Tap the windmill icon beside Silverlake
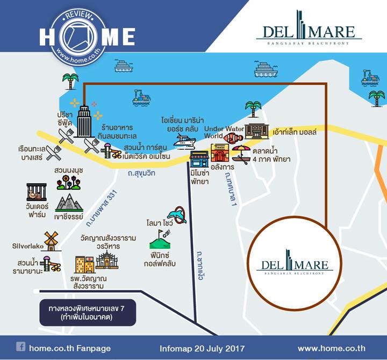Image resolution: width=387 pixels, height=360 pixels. pyautogui.click(x=51, y=241)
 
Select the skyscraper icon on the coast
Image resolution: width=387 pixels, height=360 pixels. pyautogui.click(x=84, y=121)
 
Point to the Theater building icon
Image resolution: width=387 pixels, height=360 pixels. pyautogui.click(x=219, y=152)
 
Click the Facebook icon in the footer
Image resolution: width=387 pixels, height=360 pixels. pyautogui.click(x=21, y=347)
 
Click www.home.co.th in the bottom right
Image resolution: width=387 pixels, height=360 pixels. pyautogui.click(x=332, y=348)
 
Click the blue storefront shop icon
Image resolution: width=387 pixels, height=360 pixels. pyautogui.click(x=199, y=159)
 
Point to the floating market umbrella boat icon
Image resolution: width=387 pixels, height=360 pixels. pyautogui.click(x=241, y=154)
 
